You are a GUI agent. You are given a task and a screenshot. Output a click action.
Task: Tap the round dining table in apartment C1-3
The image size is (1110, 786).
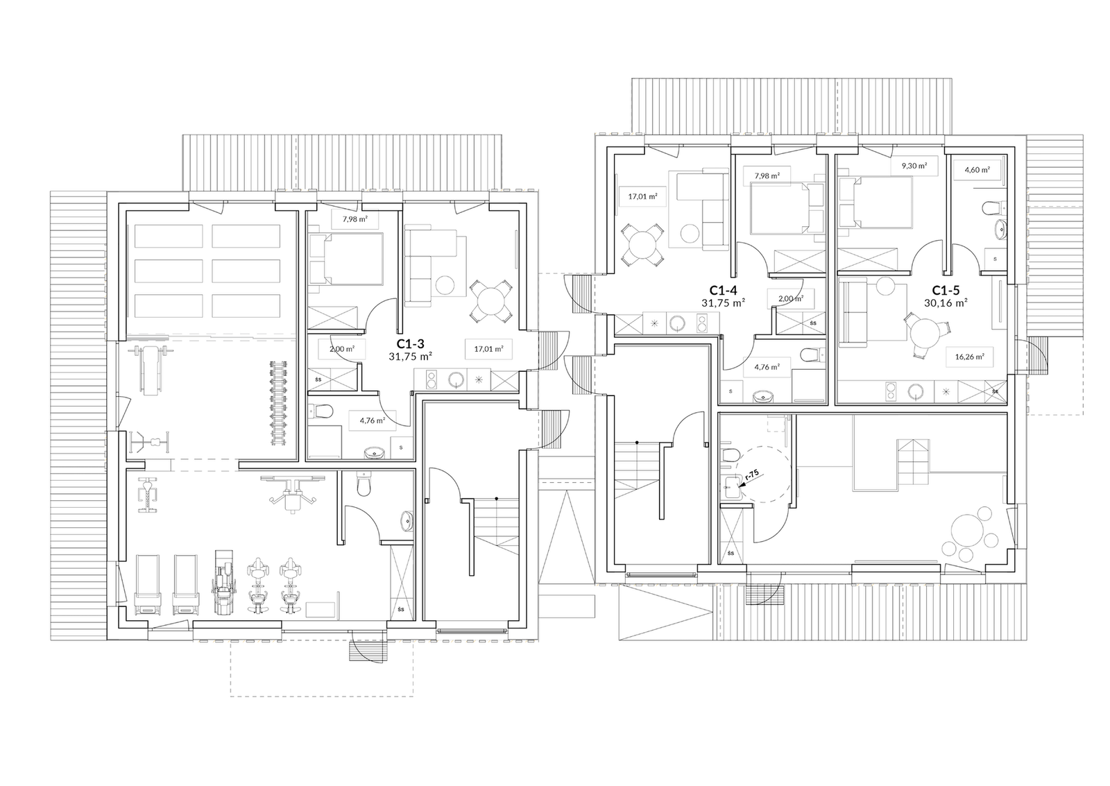click(491, 302)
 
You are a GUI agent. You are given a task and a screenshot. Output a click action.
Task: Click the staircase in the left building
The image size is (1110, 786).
click(496, 524)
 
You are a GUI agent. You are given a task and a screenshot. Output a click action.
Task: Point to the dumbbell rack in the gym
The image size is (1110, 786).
click(281, 402)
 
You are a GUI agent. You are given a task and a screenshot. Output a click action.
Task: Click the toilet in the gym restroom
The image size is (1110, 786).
click(361, 482)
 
